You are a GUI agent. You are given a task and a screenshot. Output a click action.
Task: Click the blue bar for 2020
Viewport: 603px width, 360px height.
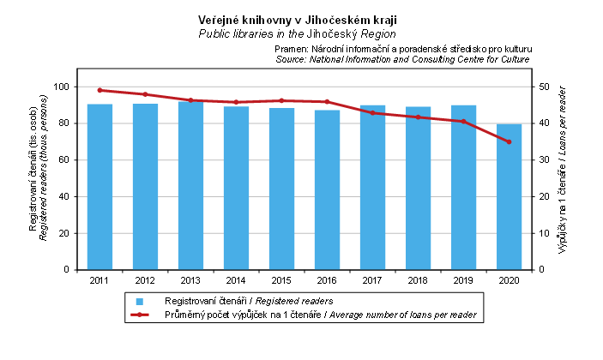[x=510, y=196]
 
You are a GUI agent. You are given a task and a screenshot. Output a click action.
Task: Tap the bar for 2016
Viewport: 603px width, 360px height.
[x=327, y=189]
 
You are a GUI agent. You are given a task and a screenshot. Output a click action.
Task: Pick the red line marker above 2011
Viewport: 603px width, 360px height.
[x=99, y=90]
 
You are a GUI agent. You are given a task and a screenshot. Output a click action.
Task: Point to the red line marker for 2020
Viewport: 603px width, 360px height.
[x=510, y=141]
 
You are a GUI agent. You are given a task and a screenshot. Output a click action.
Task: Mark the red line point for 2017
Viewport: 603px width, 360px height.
[x=372, y=112]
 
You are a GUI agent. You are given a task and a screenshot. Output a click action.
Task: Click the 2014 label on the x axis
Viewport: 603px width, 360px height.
[x=236, y=280]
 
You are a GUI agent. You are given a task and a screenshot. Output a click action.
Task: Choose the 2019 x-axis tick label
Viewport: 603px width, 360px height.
[x=463, y=280]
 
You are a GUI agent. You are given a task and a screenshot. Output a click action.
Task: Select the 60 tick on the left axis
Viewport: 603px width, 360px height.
[x=63, y=159]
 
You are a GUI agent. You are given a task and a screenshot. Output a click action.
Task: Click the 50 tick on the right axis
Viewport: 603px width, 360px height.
[x=543, y=87]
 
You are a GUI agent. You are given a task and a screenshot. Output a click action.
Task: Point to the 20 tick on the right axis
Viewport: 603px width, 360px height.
[x=543, y=196]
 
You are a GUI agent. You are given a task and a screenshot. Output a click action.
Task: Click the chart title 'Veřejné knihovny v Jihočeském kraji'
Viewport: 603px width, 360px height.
[x=297, y=20]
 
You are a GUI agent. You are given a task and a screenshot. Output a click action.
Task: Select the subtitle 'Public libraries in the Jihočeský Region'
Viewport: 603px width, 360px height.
[x=297, y=33]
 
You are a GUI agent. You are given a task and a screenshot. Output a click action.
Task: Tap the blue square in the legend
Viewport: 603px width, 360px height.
[x=139, y=301]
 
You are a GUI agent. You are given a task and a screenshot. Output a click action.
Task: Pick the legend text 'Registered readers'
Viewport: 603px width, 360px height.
[x=293, y=301]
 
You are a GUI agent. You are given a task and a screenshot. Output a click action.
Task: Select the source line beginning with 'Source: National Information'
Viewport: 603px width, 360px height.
[x=403, y=60]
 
